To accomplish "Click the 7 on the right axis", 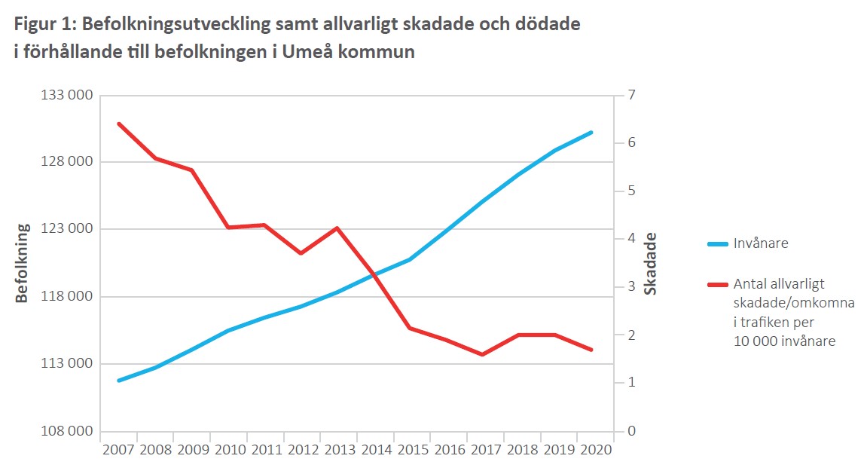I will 631,95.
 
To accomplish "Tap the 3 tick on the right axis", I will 631,287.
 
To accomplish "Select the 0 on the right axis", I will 631,432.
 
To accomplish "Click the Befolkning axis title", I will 22,263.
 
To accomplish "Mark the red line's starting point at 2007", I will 118,123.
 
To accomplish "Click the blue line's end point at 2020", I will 592,132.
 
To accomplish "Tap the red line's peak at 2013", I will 337,228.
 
